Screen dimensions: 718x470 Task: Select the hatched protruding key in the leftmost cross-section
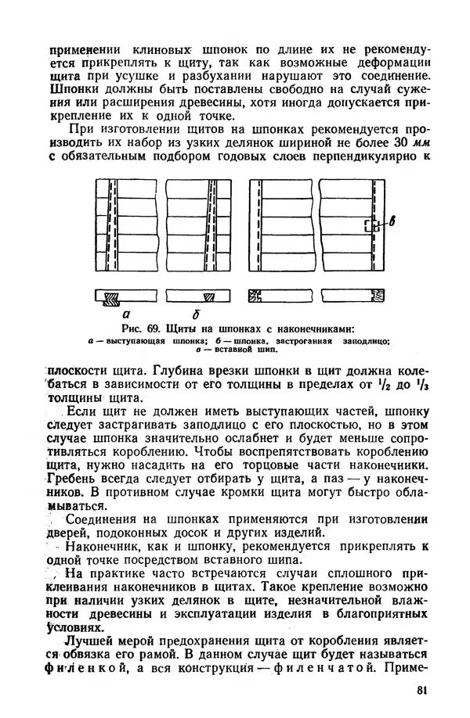[x=113, y=297]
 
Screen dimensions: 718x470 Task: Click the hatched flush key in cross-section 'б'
[x=208, y=297]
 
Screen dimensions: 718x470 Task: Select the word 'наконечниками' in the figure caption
[x=303, y=327]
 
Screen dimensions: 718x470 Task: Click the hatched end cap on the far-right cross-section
[x=378, y=297]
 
